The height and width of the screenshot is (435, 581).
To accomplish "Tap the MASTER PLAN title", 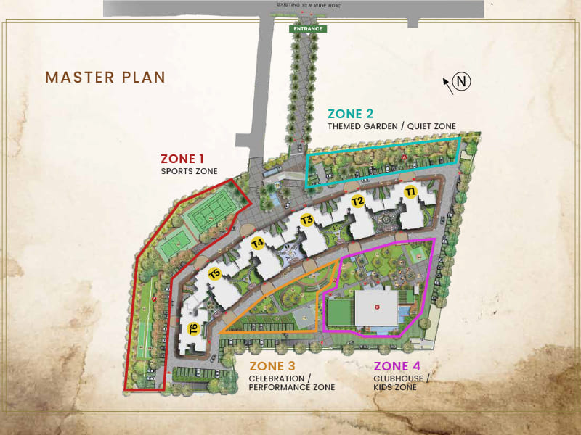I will tap(105, 77).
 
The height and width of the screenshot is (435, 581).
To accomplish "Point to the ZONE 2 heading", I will tap(351, 113).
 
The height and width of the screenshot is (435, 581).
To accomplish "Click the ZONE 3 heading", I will tap(272, 366).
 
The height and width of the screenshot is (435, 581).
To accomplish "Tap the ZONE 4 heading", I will tap(397, 366).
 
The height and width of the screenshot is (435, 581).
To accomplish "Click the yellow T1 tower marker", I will tap(410, 192).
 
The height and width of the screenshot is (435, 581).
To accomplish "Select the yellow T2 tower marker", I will tap(357, 202).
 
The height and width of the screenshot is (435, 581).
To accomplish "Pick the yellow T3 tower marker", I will tap(307, 220).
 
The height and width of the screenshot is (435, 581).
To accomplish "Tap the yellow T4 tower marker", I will tap(257, 244).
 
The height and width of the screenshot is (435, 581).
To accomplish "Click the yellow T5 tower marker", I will tap(214, 273).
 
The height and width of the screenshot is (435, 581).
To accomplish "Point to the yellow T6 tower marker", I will tap(194, 328).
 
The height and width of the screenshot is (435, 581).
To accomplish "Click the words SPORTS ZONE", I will tap(189, 172).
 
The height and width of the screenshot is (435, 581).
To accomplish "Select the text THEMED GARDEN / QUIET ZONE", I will tap(391, 127).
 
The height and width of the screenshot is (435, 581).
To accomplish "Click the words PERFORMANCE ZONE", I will tap(292, 387).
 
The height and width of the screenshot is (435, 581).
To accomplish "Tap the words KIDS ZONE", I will tap(395, 387).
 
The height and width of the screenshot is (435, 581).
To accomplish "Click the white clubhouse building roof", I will tap(376, 307).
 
